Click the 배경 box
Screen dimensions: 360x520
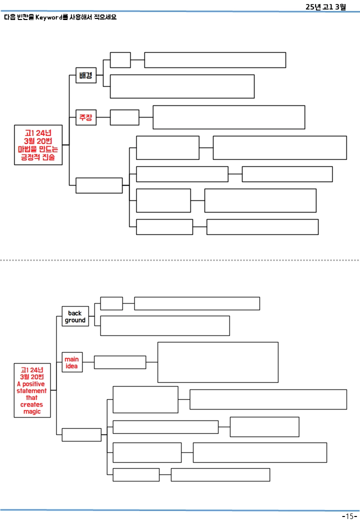tap(86, 75)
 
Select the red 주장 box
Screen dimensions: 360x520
tap(86, 117)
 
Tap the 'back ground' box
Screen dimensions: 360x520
tap(75, 316)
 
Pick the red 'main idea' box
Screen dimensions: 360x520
tap(72, 362)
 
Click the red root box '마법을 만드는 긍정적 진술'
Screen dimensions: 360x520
tap(38, 145)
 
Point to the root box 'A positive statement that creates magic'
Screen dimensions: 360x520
tap(32, 390)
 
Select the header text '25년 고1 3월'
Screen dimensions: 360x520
tap(325, 6)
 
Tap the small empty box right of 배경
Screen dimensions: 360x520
tap(120, 60)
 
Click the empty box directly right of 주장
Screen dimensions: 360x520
tap(124, 117)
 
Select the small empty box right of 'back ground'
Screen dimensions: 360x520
tap(111, 303)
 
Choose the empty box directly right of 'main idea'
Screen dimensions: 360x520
tap(120, 362)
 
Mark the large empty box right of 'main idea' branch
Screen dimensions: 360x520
tap(218, 362)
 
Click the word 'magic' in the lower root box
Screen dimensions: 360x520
tap(32, 411)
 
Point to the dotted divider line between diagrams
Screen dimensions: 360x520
tap(180, 260)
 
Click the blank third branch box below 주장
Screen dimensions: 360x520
tap(99, 185)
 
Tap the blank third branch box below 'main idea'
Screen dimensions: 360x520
tap(81, 435)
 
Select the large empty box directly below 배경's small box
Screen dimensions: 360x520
tap(182, 86)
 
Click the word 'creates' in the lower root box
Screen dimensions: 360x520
tap(32, 404)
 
